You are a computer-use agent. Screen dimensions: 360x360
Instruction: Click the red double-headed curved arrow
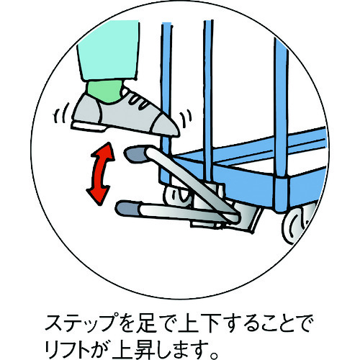[101, 174]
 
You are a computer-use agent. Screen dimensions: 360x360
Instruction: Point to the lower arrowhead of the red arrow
[98, 196]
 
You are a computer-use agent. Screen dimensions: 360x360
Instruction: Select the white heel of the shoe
[88, 126]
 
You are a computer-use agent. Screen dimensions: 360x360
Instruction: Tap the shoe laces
[140, 102]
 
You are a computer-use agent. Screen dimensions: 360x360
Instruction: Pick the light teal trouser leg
[109, 50]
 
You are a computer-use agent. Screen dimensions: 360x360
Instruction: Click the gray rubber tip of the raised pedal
[136, 155]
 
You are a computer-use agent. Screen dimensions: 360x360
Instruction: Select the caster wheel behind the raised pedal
[178, 196]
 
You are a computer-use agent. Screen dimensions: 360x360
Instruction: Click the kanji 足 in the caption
[145, 323]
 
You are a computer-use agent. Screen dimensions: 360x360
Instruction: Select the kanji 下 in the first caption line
[210, 323]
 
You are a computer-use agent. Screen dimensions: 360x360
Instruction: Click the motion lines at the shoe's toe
[186, 119]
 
